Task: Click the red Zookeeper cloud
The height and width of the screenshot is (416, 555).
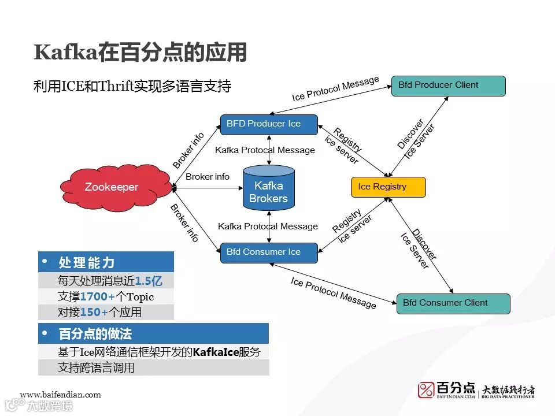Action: coord(111,187)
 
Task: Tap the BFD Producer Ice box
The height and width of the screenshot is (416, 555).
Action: coord(268,124)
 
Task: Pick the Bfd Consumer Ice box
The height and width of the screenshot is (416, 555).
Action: coord(268,252)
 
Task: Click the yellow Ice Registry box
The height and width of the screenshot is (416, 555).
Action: coord(388,187)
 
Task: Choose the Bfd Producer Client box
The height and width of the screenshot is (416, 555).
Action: coord(448,86)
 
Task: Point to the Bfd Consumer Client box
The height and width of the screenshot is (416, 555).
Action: coord(453,303)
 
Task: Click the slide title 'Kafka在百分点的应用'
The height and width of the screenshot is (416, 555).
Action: coord(140,53)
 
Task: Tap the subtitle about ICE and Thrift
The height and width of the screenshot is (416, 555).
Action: coord(132,87)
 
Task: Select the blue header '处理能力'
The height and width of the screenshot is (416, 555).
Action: coord(87,263)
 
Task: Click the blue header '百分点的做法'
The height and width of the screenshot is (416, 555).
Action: coord(95,334)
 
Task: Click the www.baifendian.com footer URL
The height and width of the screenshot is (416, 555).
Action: coord(60,395)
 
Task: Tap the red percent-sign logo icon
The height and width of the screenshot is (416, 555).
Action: coord(426,390)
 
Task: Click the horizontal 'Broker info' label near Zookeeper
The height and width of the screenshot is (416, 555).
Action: coord(208,177)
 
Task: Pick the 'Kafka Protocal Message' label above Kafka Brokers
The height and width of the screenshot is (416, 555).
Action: coord(265,150)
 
